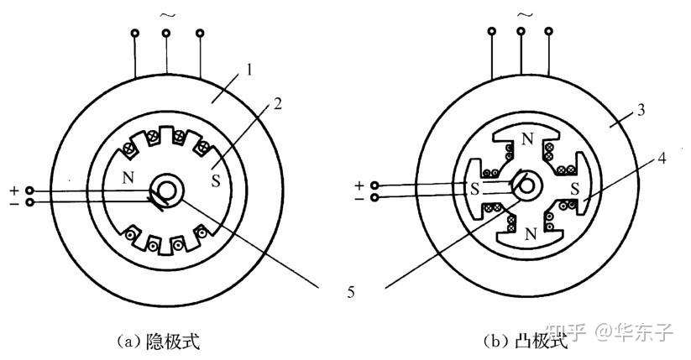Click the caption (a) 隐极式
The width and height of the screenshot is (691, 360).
pyautogui.click(x=159, y=341)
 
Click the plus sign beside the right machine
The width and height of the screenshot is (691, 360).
pyautogui.click(x=359, y=185)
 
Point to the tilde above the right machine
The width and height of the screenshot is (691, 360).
pyautogui.click(x=526, y=14)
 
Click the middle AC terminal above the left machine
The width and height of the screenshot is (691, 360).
pyautogui.click(x=166, y=33)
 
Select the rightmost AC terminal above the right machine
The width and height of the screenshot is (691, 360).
pyautogui.click(x=548, y=32)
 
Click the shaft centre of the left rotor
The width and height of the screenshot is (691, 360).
pyautogui.click(x=165, y=190)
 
